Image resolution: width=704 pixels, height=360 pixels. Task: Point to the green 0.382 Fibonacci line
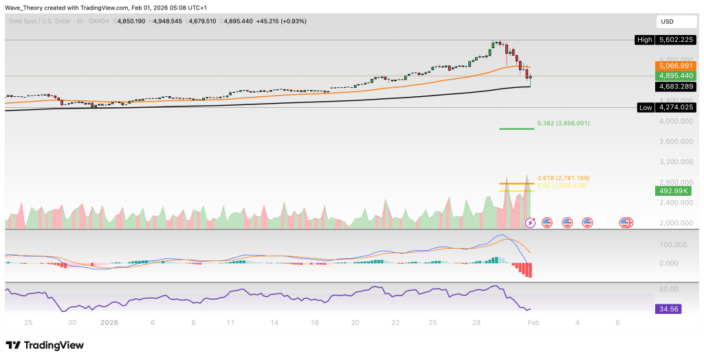pyautogui.click(x=516, y=128)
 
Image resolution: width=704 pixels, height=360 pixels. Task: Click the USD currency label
pyautogui.click(x=666, y=21)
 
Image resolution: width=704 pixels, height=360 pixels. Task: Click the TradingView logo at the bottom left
pyautogui.click(x=44, y=345)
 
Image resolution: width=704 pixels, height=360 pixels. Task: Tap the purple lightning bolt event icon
pyautogui.click(x=531, y=223)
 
